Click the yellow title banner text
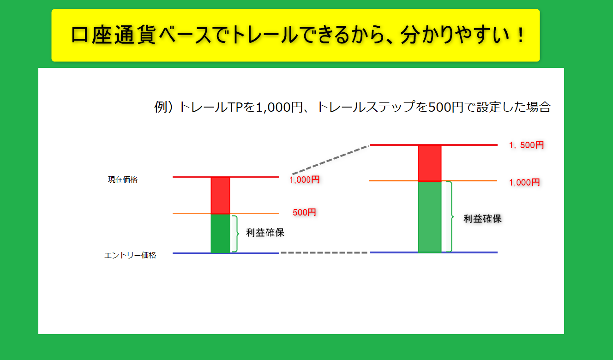(298, 35)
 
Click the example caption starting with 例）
(353, 107)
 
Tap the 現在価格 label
(123, 180)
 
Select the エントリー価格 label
(130, 255)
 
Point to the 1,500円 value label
(526, 145)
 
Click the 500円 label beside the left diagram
(304, 212)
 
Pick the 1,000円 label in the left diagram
(305, 180)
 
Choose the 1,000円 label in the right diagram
(524, 182)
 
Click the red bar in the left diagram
(220, 195)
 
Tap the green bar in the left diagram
(220, 234)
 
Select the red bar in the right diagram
(430, 163)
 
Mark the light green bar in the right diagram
(430, 216)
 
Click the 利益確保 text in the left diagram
(265, 233)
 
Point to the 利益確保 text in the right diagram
(482, 219)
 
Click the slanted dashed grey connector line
(331, 160)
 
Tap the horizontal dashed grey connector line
(324, 252)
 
